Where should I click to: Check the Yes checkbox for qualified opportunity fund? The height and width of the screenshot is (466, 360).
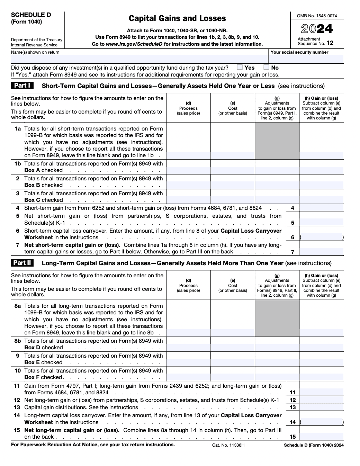[240, 68]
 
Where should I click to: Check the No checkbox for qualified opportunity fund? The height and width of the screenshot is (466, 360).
[266, 68]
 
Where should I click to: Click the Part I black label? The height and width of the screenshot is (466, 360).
[22, 86]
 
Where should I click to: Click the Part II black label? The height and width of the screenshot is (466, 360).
[22, 263]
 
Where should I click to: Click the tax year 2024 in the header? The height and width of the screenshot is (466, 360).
[317, 28]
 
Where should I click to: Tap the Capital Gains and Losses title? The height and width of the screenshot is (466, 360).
[177, 18]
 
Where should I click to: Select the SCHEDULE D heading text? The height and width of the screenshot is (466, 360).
[31, 15]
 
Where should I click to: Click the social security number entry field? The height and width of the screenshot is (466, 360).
[306, 59]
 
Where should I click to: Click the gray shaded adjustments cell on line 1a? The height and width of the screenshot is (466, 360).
[277, 141]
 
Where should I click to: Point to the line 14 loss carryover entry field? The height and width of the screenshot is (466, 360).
[321, 422]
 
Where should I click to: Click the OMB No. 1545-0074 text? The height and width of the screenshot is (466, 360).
[317, 16]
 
